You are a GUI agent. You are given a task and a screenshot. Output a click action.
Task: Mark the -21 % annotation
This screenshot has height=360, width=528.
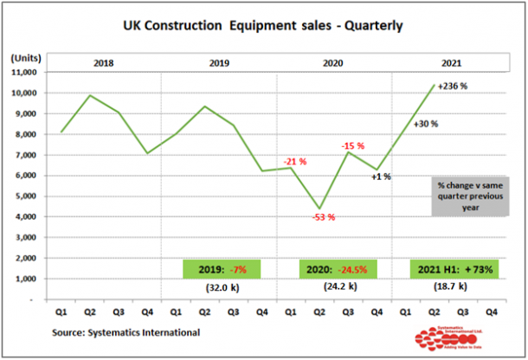point(295,161)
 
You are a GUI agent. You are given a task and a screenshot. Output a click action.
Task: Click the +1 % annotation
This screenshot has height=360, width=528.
point(381,177)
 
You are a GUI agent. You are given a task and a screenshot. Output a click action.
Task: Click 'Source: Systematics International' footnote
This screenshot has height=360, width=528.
point(126,332)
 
